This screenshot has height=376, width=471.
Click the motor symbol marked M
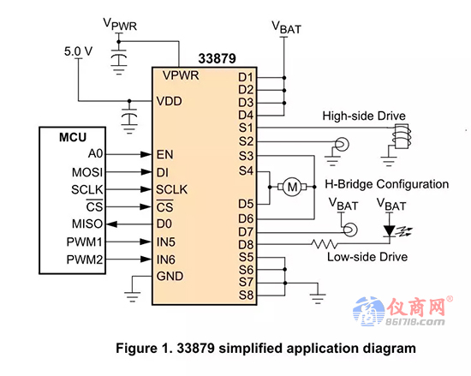coord(292,187)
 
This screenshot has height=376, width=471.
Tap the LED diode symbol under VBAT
coord(390,231)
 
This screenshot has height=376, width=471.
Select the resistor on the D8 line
coord(324,243)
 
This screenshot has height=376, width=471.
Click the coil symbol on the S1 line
coord(402,136)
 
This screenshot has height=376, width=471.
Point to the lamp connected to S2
coord(342,144)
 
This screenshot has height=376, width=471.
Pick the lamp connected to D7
coord(350,230)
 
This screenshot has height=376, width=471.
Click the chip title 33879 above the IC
coord(218,58)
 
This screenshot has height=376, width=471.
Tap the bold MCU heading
coord(73,137)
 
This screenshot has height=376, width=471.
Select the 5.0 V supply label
coord(79,51)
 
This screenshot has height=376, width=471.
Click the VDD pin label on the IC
coord(169,101)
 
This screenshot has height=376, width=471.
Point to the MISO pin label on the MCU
coord(87,224)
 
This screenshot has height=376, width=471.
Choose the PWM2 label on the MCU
coord(85,260)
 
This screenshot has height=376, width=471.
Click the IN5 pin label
coord(165,242)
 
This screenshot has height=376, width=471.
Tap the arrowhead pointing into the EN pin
coord(146,154)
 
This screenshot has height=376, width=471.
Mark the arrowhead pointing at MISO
coord(111,224)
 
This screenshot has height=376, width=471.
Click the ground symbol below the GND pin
coord(133,296)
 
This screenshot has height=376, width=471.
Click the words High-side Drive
coord(364,116)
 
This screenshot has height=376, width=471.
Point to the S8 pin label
coord(246,295)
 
